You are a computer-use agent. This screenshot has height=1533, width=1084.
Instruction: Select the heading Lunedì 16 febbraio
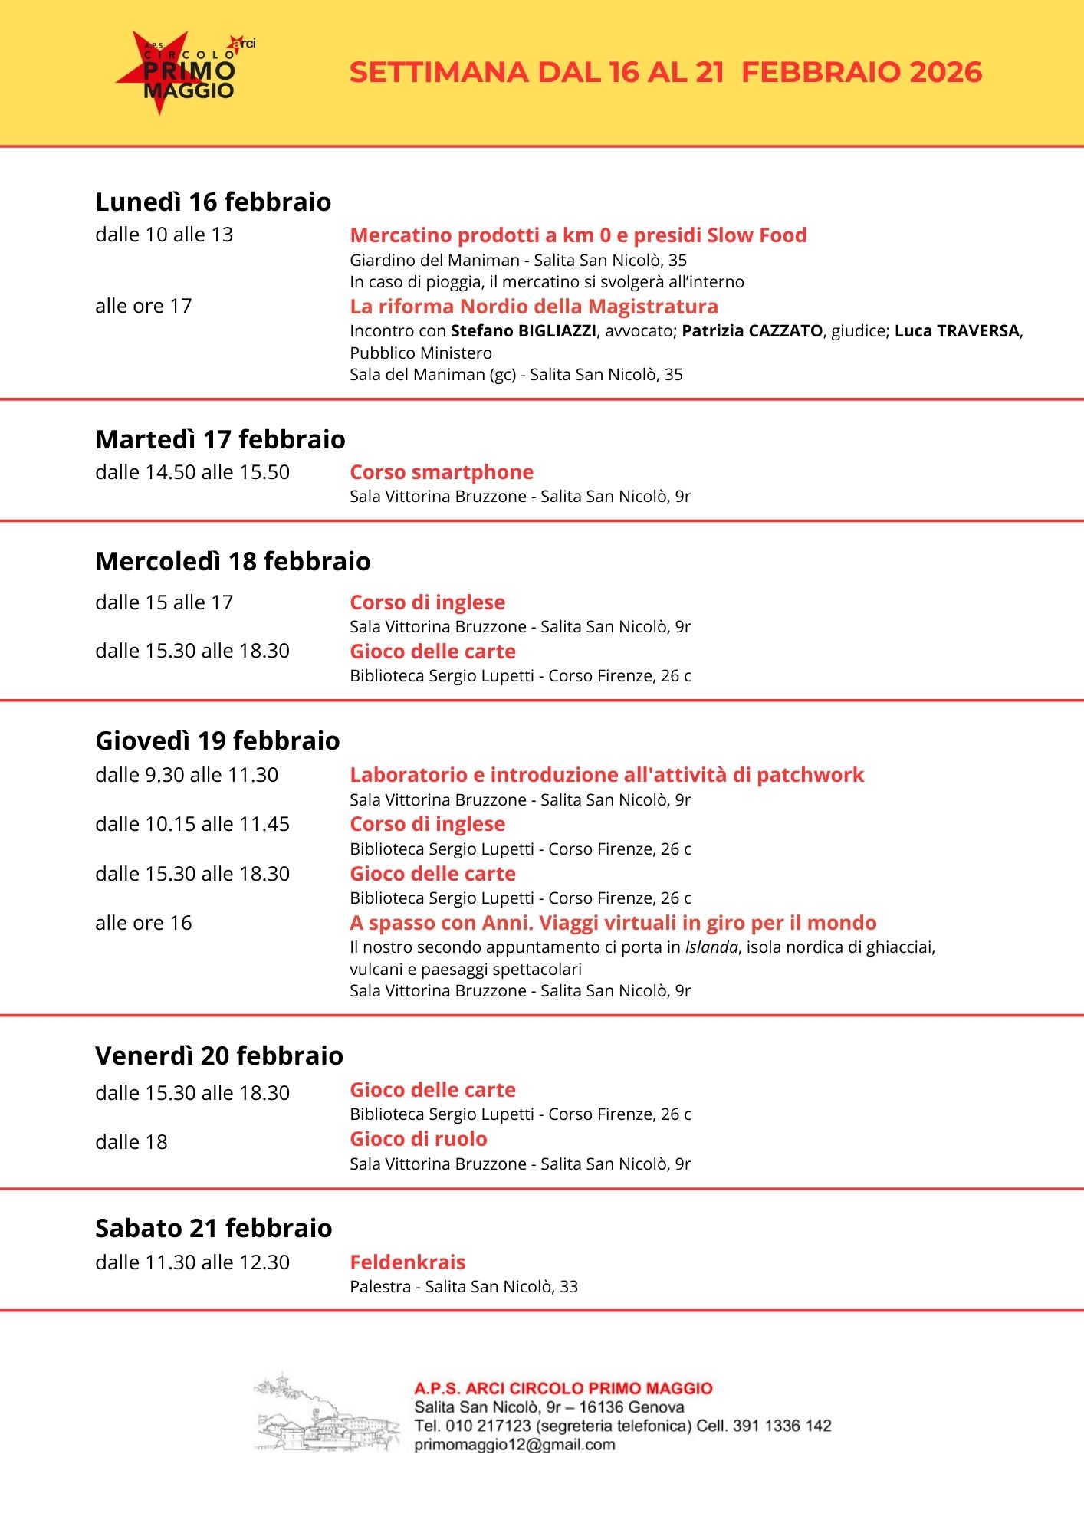tap(213, 202)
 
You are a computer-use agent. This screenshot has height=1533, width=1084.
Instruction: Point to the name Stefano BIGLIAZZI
tap(523, 331)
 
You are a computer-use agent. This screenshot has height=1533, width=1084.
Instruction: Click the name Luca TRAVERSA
tap(957, 331)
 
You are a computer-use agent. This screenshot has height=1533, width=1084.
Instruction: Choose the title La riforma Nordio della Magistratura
tap(534, 307)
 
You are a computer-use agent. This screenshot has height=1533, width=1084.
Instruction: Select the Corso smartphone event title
tap(442, 472)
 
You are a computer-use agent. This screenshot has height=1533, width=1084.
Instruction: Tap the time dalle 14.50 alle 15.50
tap(192, 472)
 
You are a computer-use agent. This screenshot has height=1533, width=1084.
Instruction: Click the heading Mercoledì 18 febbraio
tap(233, 561)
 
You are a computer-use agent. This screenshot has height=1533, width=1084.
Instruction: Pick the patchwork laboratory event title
tap(606, 775)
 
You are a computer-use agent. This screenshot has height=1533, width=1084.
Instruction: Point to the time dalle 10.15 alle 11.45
tap(192, 824)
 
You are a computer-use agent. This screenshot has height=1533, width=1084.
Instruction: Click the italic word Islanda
tap(711, 947)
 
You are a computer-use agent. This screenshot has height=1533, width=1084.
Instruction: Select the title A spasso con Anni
tap(613, 923)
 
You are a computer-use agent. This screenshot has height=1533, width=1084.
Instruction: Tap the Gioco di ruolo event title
tap(419, 1139)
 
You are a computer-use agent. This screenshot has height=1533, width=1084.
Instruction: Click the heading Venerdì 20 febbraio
tap(219, 1055)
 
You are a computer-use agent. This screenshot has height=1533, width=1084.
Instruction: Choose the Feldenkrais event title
tap(408, 1262)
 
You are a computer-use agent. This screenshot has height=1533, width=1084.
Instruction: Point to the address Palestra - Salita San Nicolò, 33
tap(464, 1287)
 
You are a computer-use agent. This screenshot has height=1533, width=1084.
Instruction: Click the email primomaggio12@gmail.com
tap(514, 1445)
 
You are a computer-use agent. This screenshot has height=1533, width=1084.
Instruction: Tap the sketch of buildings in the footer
tap(326, 1413)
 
